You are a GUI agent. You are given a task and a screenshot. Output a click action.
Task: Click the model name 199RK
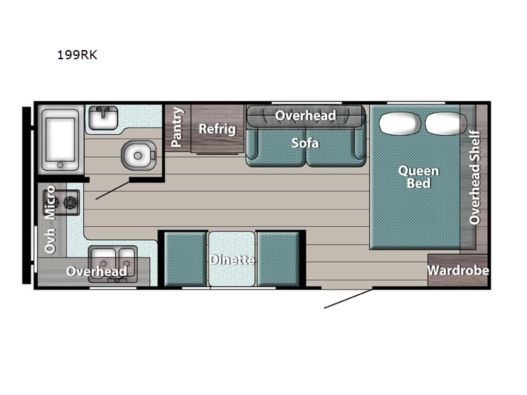click(77, 55)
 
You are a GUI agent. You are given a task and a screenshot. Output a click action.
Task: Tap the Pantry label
click(177, 128)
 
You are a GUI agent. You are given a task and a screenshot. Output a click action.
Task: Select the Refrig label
click(217, 129)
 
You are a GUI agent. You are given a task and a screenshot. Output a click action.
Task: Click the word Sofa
click(305, 143)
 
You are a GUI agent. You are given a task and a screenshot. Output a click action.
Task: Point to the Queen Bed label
click(418, 177)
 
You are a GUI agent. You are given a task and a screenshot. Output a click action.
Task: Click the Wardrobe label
click(458, 271)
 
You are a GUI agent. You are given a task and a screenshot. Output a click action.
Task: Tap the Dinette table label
click(232, 260)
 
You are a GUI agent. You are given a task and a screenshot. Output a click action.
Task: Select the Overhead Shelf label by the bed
click(475, 177)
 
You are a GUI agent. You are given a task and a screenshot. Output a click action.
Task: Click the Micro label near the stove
click(50, 202)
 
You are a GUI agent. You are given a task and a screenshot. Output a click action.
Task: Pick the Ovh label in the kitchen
click(50, 241)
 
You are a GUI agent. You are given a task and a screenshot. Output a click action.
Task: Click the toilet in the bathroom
click(138, 155)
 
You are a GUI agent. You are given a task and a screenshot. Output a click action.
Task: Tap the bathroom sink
click(103, 118)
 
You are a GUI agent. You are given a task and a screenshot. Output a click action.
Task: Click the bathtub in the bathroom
click(60, 140)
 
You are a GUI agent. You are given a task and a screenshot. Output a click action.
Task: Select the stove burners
click(62, 203)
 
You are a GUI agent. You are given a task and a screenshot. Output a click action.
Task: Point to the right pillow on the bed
click(446, 123)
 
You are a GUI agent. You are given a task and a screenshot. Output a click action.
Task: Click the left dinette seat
click(185, 259)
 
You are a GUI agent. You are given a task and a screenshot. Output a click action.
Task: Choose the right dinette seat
click(278, 259)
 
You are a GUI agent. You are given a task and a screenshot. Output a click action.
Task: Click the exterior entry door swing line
click(348, 299)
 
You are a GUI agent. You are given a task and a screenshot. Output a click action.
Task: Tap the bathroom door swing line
click(113, 191)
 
